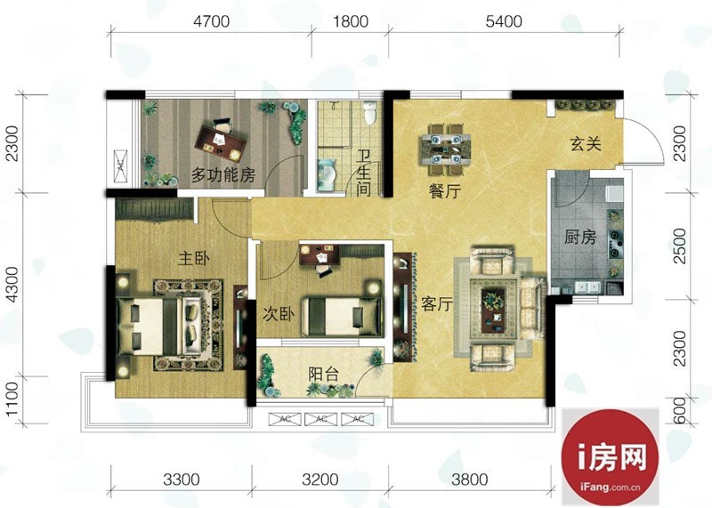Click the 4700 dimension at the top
tap(211, 21)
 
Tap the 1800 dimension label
tap(351, 21)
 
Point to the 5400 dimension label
tap(504, 21)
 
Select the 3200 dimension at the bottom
tap(320, 480)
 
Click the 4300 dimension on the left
tap(12, 285)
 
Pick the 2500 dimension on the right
tap(679, 246)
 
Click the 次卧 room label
tap(279, 314)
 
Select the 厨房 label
tap(580, 237)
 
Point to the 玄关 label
tap(586, 144)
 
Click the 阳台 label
tap(324, 374)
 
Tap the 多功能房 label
tap(223, 174)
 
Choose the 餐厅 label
tap(445, 191)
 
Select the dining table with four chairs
tap(445, 149)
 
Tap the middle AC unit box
tap(320, 419)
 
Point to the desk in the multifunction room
tap(220, 143)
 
